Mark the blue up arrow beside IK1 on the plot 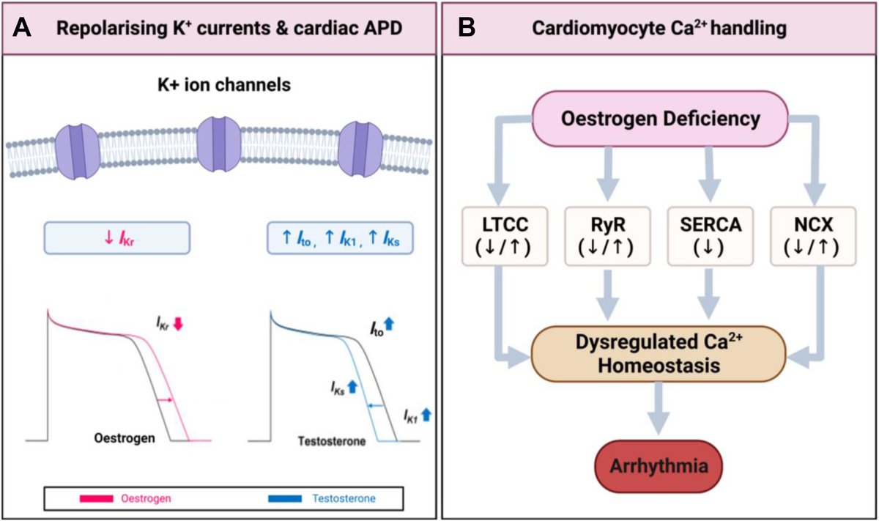[426, 415]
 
